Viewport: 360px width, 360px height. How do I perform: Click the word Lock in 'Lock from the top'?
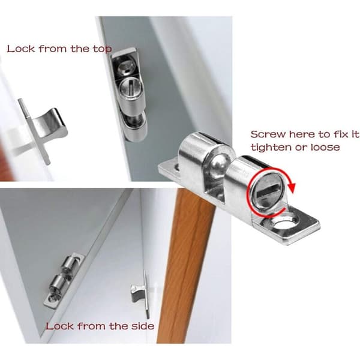coord(21,49)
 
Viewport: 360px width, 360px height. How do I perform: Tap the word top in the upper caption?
coord(102,49)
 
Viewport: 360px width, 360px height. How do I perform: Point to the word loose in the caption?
coord(325,147)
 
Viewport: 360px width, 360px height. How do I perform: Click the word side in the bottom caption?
coord(143,326)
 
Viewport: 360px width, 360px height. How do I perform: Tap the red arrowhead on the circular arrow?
coord(292,187)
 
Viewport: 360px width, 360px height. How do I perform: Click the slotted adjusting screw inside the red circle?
coord(267,193)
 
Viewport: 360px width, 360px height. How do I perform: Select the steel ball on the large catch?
coord(219,165)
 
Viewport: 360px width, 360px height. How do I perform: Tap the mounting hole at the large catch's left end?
coord(177,167)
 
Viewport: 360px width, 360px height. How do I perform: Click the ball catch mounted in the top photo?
coord(129,94)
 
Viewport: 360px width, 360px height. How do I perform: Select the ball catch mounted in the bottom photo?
coord(64,281)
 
